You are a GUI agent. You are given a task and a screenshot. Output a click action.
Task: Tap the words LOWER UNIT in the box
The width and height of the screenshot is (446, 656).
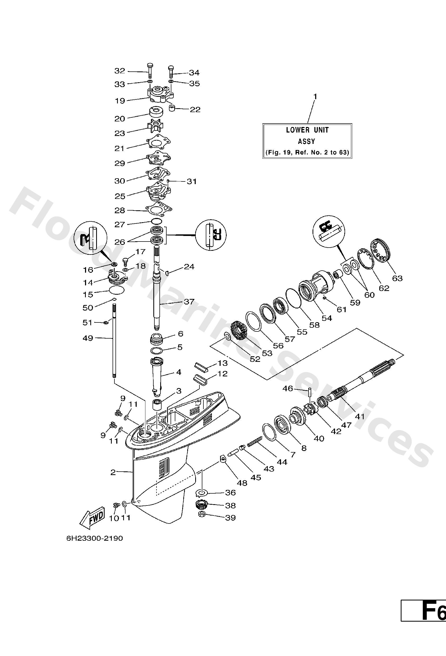307,130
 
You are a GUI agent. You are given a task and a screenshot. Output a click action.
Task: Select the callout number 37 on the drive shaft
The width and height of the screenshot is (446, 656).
189,302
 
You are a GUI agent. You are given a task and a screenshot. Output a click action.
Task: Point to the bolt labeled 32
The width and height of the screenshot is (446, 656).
150,71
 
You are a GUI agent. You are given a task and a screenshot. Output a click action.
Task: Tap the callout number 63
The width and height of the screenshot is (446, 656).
397,278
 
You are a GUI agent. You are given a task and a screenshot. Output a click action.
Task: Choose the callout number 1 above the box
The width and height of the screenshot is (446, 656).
315,97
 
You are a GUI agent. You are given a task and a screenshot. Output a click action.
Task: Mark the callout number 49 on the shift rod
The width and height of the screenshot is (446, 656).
88,338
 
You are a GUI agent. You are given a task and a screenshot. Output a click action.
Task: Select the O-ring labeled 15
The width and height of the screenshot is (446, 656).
117,290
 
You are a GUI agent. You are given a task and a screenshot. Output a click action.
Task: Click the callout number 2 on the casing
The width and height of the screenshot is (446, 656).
113,472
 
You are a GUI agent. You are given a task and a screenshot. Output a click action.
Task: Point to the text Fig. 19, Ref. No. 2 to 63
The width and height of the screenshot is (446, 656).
307,153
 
